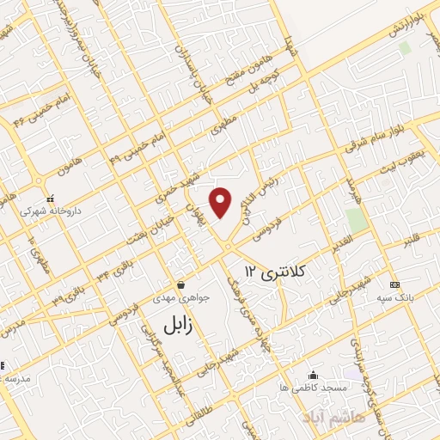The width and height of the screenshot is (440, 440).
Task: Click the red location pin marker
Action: click(x=222, y=202)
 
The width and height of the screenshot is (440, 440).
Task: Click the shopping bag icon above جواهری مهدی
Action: click(x=180, y=284)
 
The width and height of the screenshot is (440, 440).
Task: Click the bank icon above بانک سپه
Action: click(x=394, y=284)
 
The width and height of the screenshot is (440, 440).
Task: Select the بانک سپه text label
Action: click(x=395, y=296)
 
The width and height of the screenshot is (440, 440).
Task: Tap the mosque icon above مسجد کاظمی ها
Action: click(x=312, y=376)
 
